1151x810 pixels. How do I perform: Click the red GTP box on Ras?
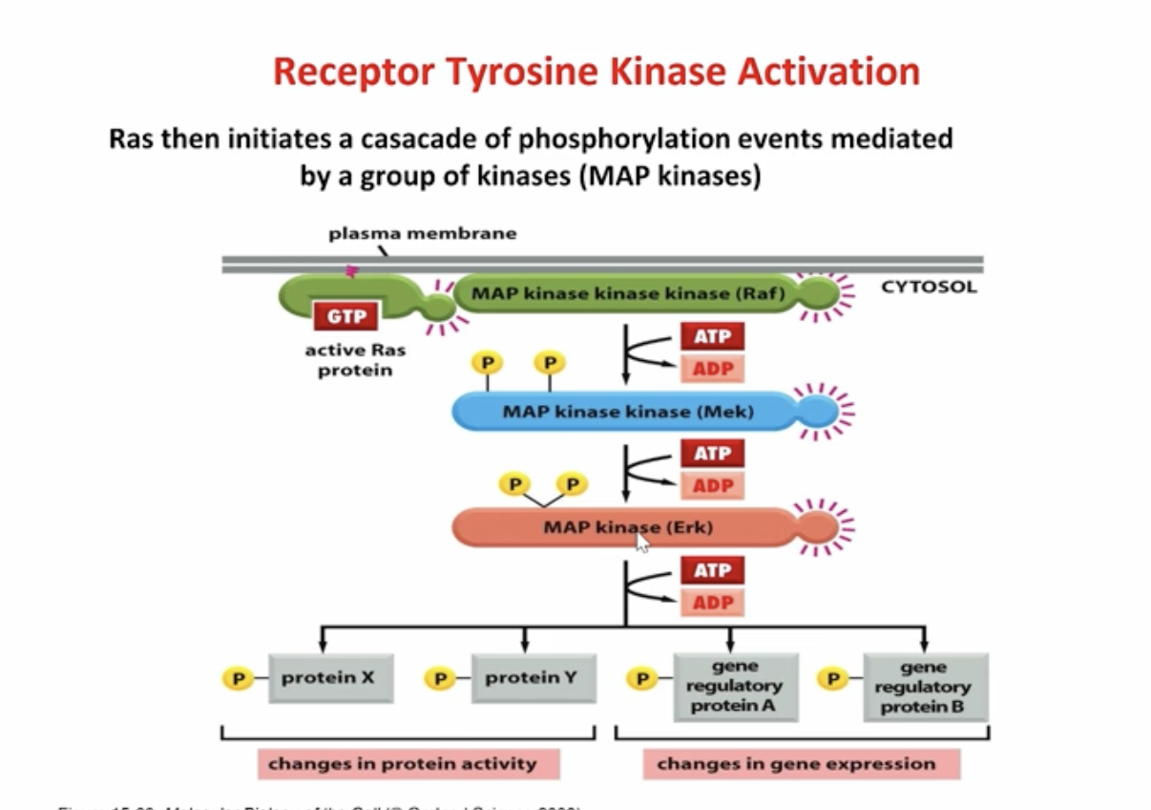point(345,315)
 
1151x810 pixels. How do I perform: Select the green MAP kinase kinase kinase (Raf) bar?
point(625,294)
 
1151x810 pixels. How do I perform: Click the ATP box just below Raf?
point(712,336)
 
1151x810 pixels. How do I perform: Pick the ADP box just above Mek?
point(712,368)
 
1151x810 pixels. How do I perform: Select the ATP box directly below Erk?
point(712,571)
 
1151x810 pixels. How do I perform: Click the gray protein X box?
point(329,678)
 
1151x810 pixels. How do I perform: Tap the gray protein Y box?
point(533,678)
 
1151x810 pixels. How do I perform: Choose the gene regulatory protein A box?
point(735,687)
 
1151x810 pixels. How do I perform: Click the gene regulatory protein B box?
point(923,687)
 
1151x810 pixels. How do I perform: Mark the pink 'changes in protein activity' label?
point(408,763)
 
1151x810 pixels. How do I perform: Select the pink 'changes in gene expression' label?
point(796,763)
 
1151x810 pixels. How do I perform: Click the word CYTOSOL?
point(929,287)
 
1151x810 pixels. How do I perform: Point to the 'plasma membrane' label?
point(422,233)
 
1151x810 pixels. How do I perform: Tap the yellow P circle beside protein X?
point(237,679)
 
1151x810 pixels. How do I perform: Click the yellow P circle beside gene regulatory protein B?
point(833,679)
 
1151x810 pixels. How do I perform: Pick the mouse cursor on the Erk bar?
point(642,543)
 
